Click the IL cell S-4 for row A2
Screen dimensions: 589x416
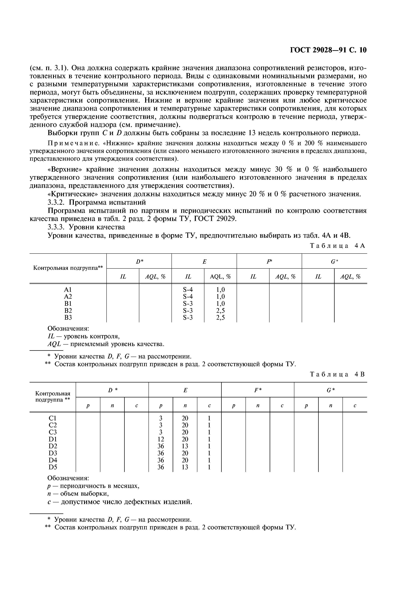pos(188,297)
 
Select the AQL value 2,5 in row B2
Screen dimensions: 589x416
pos(221,311)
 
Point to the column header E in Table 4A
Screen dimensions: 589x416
pos(204,262)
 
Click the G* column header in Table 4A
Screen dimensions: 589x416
pos(334,262)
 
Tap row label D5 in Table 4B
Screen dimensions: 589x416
pos(53,467)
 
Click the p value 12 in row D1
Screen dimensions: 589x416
pos(161,439)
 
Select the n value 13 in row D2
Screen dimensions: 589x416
pos(185,446)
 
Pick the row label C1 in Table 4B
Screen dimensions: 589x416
pos(53,418)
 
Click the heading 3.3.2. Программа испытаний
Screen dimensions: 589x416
pos(97,202)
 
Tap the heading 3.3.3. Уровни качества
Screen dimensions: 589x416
pos(86,227)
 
